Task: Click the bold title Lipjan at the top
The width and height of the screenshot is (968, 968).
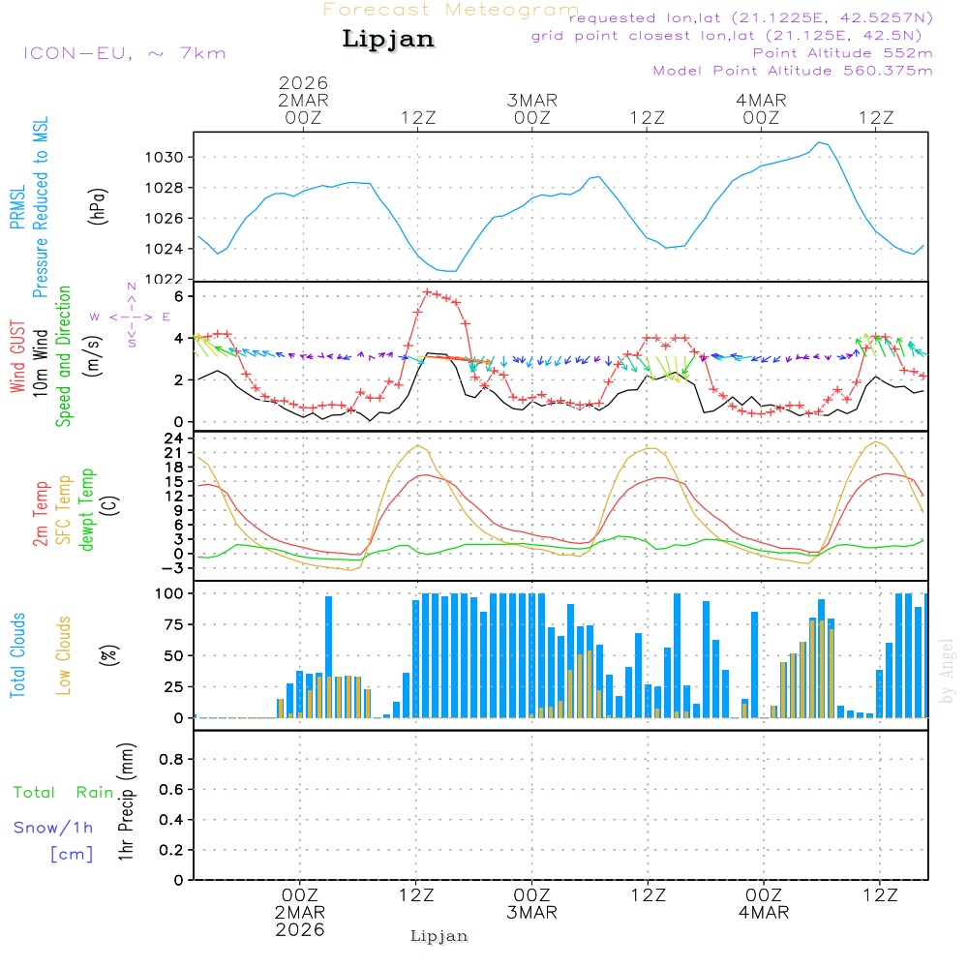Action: pos(388,40)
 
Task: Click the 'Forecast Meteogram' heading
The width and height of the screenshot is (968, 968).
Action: pos(451,10)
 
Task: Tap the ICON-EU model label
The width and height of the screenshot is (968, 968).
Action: pos(124,52)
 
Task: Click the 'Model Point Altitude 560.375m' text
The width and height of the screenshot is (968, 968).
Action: pos(793,71)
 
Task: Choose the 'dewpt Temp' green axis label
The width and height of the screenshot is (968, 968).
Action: pos(88,509)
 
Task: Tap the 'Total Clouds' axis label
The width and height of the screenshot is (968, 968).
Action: pos(18,655)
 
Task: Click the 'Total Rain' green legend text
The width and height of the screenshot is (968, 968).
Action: pos(63,792)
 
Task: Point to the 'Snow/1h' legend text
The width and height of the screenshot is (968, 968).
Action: pos(54,828)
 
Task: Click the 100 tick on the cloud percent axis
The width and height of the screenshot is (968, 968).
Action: pos(170,592)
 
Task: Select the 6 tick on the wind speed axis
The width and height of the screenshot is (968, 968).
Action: pos(179,295)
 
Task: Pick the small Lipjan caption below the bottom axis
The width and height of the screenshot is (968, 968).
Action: pos(439,936)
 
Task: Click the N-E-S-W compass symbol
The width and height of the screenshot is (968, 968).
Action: pos(132,317)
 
